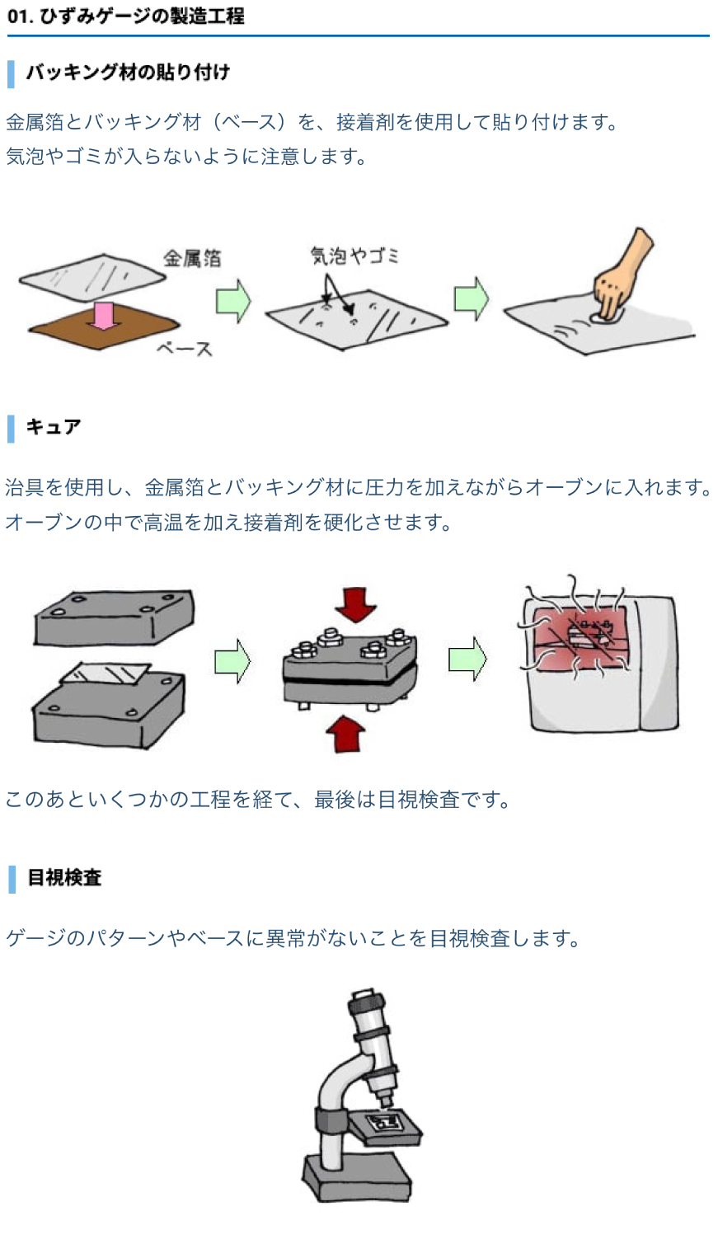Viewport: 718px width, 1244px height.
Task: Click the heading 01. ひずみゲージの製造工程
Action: pos(125,16)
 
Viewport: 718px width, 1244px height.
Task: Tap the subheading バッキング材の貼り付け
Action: pos(127,73)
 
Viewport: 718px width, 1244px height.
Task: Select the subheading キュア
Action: pos(53,426)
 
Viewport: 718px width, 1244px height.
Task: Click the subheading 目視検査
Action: pos(63,877)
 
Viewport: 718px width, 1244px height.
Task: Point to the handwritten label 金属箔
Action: pos(192,258)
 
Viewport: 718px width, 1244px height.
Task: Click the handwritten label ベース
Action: pos(185,349)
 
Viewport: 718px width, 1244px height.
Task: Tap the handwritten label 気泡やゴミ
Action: pos(354,256)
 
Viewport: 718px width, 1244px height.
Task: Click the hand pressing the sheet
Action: pos(622,272)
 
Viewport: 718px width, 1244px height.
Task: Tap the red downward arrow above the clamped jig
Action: pos(355,604)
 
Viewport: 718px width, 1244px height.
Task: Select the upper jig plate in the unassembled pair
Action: pos(114,616)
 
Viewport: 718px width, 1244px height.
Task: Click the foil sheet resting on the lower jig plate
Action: pos(106,673)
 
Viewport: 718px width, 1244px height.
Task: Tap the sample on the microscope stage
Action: pos(385,1122)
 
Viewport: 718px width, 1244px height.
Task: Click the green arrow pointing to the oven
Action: pos(467,659)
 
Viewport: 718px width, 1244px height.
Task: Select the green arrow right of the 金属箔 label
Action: pos(232,300)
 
